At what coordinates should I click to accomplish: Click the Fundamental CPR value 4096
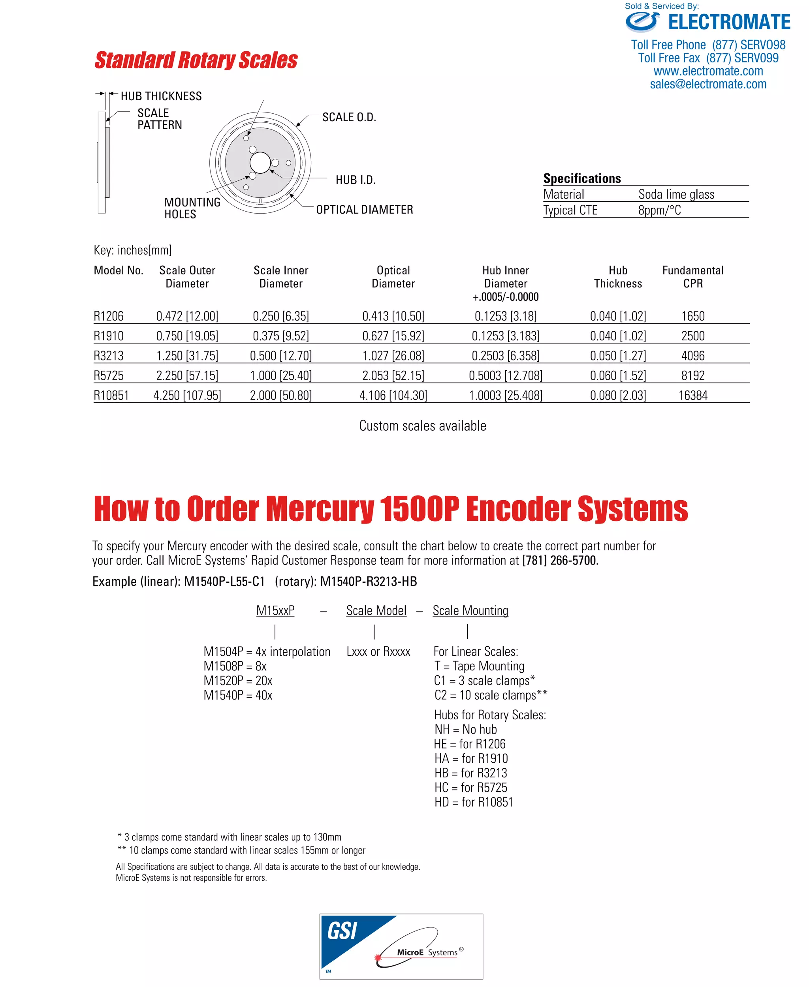pyautogui.click(x=692, y=356)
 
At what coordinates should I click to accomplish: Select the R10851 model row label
pyautogui.click(x=111, y=396)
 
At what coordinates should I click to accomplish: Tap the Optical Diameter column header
pyautogui.click(x=393, y=277)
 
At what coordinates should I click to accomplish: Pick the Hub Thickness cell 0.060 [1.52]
pyautogui.click(x=617, y=375)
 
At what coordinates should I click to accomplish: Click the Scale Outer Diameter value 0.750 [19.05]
pyautogui.click(x=187, y=336)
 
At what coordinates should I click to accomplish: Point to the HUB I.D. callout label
pyautogui.click(x=356, y=180)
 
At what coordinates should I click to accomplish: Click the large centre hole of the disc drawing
pyautogui.click(x=260, y=163)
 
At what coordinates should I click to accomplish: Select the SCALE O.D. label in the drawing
pyautogui.click(x=349, y=117)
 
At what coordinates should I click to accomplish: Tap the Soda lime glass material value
pyautogui.click(x=676, y=194)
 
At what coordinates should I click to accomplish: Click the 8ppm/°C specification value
pyautogui.click(x=659, y=210)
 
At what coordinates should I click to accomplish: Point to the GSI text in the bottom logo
pyautogui.click(x=342, y=931)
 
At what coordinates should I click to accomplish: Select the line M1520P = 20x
pyautogui.click(x=238, y=681)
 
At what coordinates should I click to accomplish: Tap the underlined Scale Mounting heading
pyautogui.click(x=470, y=610)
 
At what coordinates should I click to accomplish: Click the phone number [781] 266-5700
pyautogui.click(x=560, y=560)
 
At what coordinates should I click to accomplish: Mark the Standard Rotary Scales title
pyautogui.click(x=196, y=60)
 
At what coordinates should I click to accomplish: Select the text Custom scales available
pyautogui.click(x=422, y=426)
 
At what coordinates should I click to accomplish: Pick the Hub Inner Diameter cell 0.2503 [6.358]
pyautogui.click(x=505, y=356)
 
